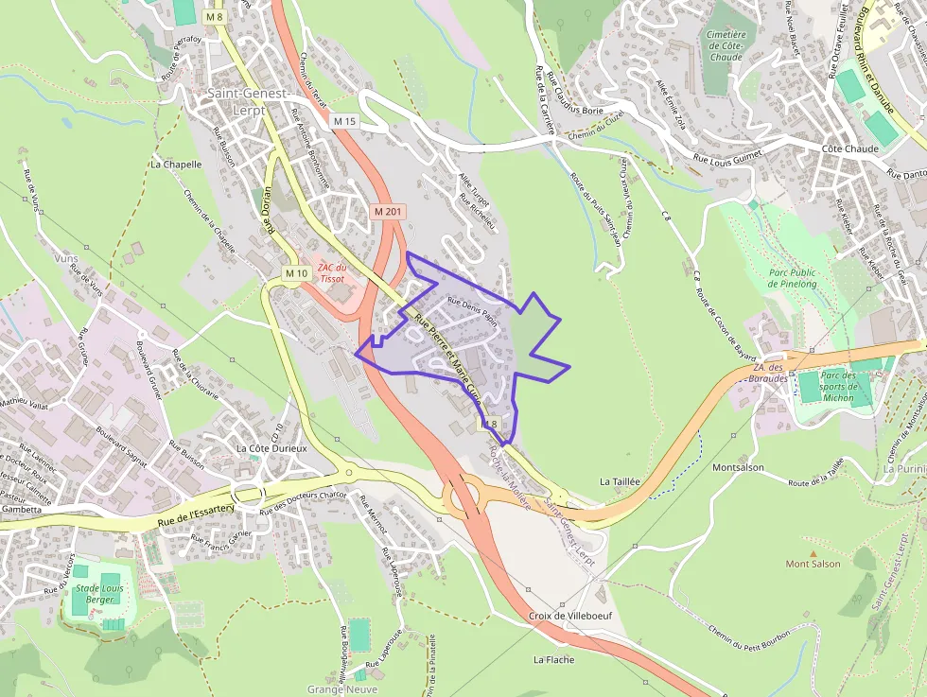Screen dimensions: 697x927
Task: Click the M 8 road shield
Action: pos(214,17)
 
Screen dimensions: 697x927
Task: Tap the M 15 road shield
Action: pos(344,121)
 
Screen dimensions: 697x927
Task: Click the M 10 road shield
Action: pos(296,273)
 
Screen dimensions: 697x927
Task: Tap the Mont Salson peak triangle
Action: pos(812,553)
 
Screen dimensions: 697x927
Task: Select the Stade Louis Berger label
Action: pos(99,593)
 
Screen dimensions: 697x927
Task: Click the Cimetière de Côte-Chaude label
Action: pos(726,45)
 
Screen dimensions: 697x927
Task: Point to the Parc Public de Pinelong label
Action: pos(793,278)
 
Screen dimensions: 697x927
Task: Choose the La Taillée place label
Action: pos(621,481)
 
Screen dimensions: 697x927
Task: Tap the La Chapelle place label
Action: pos(176,164)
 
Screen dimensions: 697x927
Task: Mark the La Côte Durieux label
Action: pos(271,448)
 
